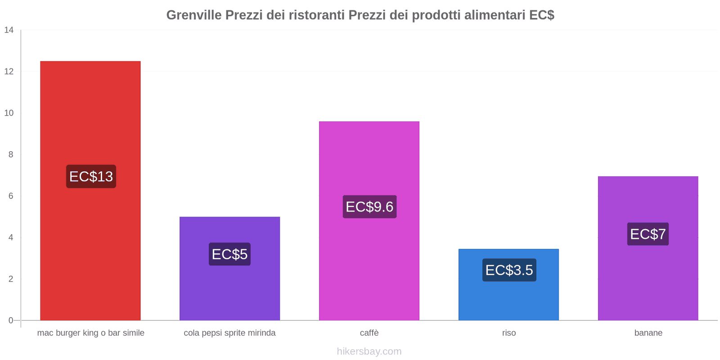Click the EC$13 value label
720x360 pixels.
click(x=91, y=176)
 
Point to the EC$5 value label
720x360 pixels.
click(x=229, y=254)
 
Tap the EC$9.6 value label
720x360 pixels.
click(x=369, y=207)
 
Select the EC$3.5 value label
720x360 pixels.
click(x=509, y=270)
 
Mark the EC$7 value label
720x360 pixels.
click(x=648, y=234)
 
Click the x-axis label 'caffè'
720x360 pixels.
click(x=369, y=333)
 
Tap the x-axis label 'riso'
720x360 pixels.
click(x=509, y=333)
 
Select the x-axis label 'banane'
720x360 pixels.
click(x=648, y=333)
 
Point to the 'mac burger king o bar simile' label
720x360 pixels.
click(x=90, y=333)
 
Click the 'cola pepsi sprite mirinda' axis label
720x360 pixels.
click(x=229, y=333)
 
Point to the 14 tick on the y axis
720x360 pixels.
click(x=9, y=30)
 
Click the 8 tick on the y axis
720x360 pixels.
click(x=11, y=154)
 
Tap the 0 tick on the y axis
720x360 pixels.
click(x=11, y=320)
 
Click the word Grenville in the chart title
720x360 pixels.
click(x=194, y=15)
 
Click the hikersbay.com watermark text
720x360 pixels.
click(x=369, y=351)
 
